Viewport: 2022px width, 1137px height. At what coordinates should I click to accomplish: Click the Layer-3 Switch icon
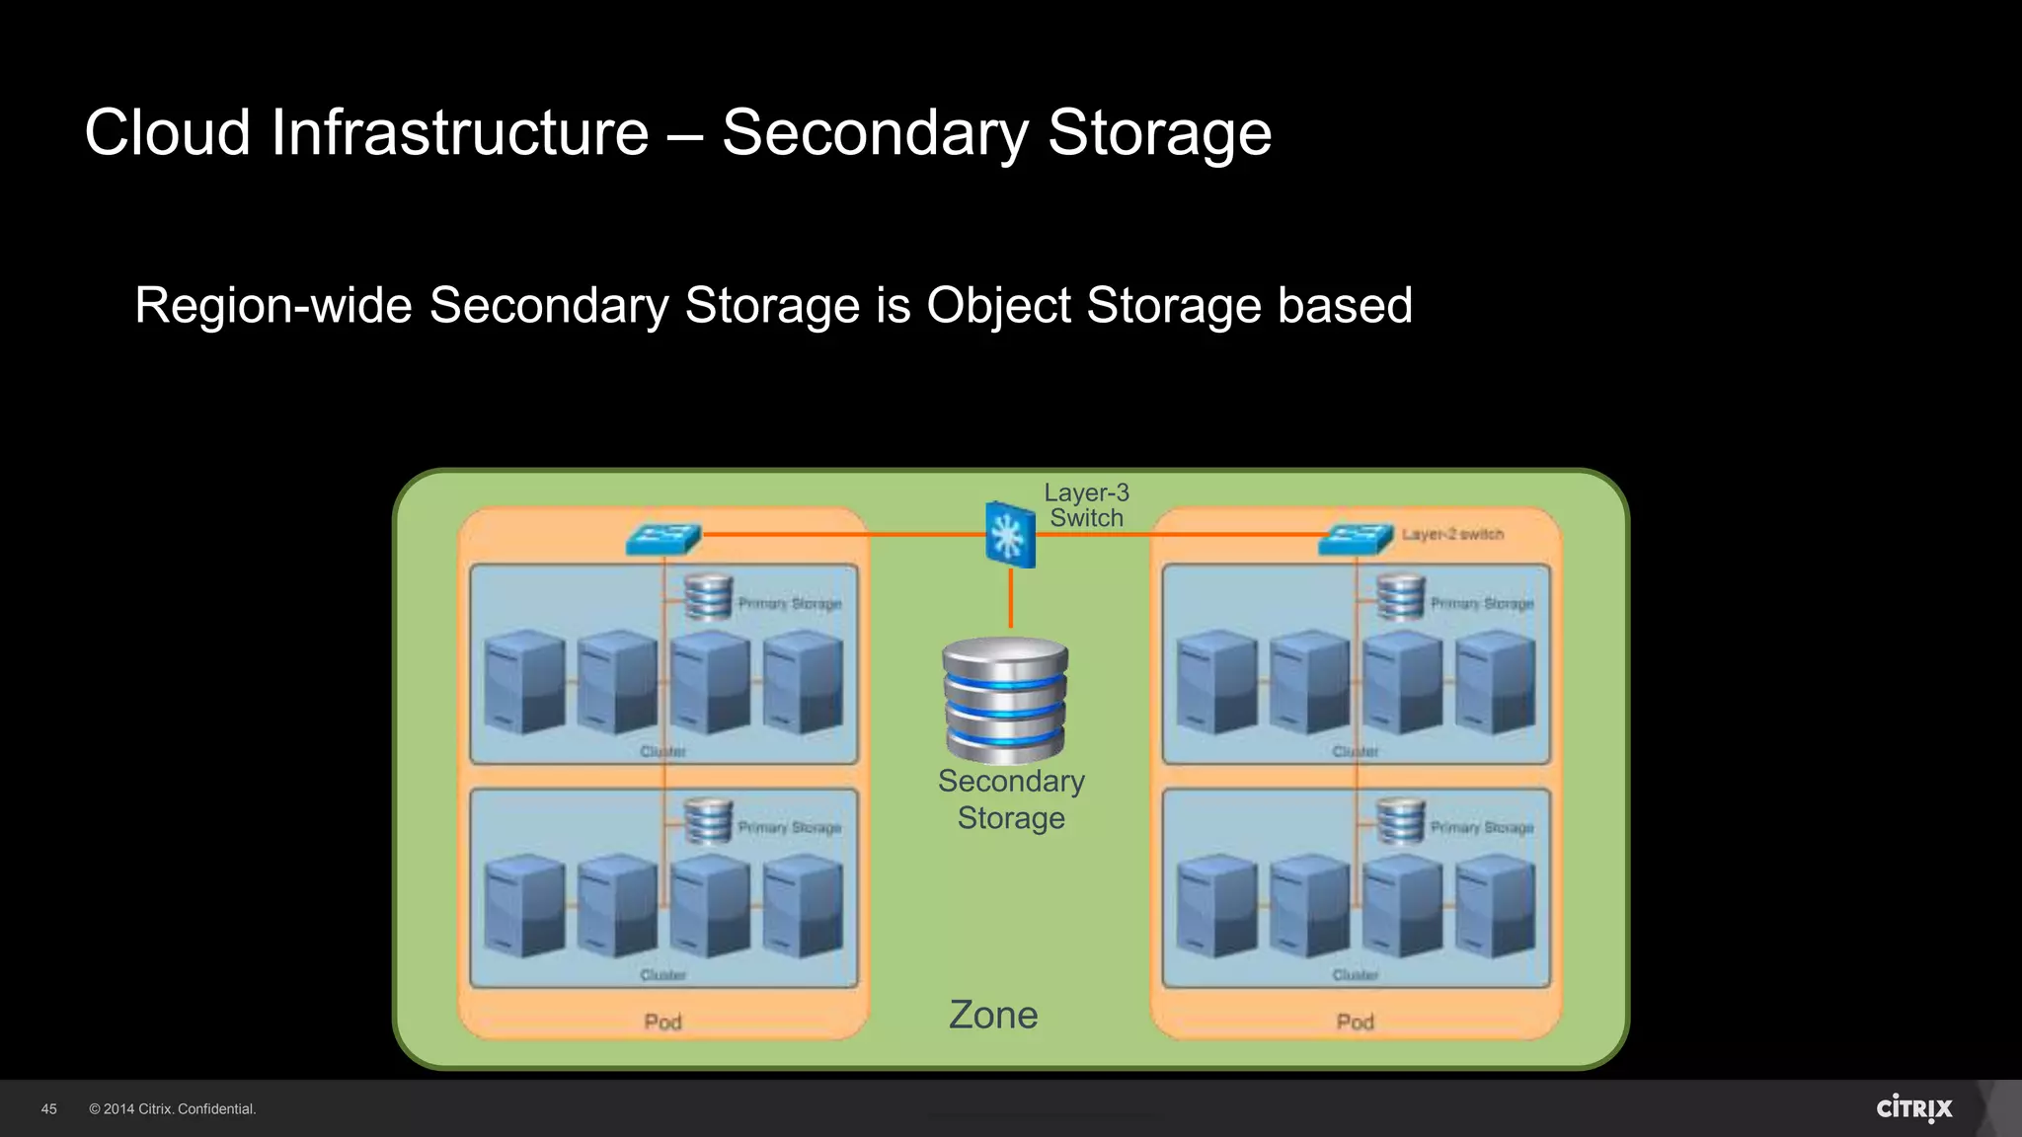click(1010, 535)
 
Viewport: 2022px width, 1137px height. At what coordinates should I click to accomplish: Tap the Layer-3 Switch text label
click(1086, 505)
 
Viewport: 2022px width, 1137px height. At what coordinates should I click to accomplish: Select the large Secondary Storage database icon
click(1005, 700)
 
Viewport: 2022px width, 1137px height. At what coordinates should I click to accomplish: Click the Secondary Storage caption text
click(1011, 799)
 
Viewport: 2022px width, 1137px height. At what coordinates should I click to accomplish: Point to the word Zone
click(993, 1015)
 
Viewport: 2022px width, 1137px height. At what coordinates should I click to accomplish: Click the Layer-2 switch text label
click(1452, 534)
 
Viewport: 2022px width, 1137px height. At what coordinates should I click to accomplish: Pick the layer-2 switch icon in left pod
click(663, 539)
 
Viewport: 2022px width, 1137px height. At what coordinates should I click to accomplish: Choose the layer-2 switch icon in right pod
click(1356, 539)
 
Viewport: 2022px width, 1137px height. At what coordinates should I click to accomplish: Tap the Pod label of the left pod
click(662, 1022)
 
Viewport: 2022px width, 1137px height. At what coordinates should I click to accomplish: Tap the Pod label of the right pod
click(1355, 1022)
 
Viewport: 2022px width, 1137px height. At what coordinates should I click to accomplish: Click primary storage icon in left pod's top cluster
click(708, 597)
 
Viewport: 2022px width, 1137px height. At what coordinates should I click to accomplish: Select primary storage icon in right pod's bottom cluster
click(1401, 821)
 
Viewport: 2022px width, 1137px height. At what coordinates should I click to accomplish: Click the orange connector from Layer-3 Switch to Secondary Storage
click(1010, 598)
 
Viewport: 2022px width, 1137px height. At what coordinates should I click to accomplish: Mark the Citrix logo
click(1913, 1108)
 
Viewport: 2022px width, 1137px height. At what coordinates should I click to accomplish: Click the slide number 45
click(49, 1109)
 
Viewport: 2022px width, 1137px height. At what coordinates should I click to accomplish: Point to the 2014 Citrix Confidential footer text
click(173, 1109)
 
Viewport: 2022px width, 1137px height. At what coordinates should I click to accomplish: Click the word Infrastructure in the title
click(459, 132)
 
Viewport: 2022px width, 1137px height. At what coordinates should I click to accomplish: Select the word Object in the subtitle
click(998, 305)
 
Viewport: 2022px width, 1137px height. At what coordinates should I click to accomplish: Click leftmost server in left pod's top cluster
click(524, 682)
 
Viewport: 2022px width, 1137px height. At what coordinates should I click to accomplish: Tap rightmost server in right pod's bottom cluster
click(1495, 906)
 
